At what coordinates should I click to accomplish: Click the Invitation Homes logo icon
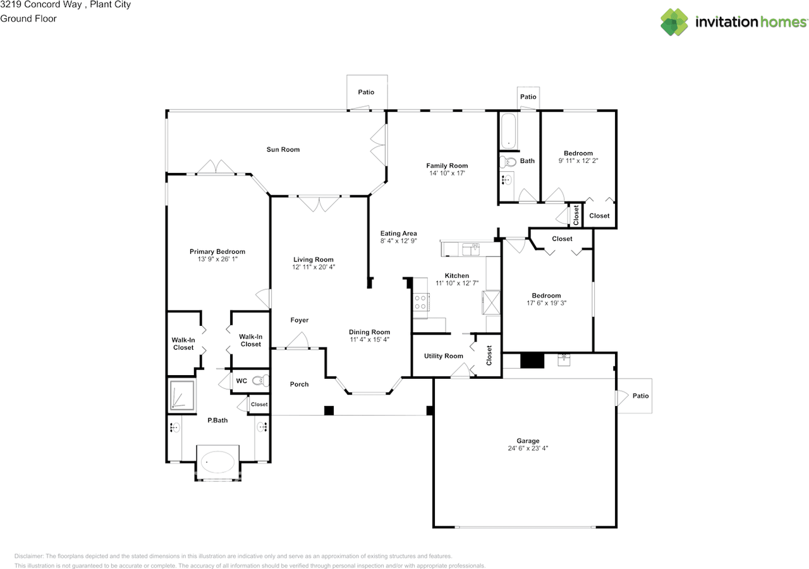[x=674, y=22]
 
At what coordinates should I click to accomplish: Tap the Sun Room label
[x=283, y=150]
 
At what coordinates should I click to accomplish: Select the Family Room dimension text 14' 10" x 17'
[x=447, y=173]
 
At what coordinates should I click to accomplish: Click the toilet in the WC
[x=260, y=380]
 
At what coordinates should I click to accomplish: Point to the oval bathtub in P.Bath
[x=217, y=462]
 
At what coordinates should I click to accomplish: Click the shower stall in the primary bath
[x=183, y=395]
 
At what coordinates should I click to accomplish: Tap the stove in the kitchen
[x=421, y=302]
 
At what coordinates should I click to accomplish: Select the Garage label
[x=528, y=441]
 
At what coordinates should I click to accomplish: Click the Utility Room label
[x=444, y=356]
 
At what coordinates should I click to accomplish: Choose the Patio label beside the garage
[x=641, y=396]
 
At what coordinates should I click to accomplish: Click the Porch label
[x=300, y=384]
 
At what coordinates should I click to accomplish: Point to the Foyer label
[x=300, y=320]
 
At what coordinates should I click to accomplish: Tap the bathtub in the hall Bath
[x=509, y=131]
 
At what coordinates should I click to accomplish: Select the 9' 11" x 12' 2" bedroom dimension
[x=578, y=161]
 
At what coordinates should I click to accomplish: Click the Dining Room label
[x=370, y=332]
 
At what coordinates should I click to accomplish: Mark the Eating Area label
[x=398, y=234]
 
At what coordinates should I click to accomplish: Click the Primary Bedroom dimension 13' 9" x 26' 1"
[x=217, y=259]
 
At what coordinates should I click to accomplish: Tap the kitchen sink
[x=471, y=249]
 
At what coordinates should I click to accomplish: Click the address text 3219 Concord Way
[x=41, y=4]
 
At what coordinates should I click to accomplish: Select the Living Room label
[x=313, y=260]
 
